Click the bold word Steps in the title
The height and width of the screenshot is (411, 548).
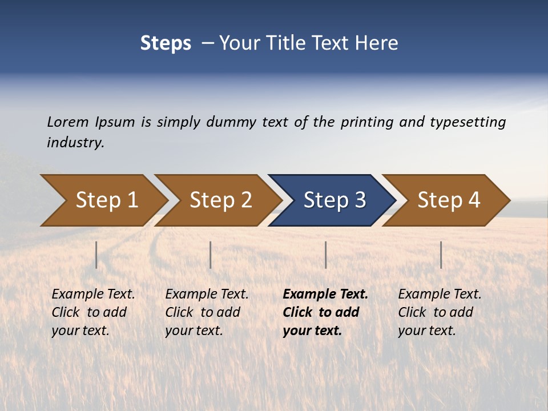tap(166, 43)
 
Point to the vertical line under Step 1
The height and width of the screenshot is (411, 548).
tap(96, 255)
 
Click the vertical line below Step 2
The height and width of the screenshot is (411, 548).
tap(211, 255)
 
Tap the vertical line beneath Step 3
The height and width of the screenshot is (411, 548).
tap(326, 255)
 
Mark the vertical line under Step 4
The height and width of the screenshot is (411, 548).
tap(441, 255)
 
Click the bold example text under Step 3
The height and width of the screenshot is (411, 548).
tap(325, 312)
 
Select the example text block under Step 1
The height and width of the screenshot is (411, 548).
tap(93, 312)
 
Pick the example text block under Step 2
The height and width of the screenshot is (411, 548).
tap(207, 312)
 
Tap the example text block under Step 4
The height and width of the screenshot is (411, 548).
tap(440, 312)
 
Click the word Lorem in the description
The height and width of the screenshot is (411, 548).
tap(67, 122)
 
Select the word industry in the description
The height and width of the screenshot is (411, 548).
tap(75, 143)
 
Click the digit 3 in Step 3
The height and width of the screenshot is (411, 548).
tap(360, 200)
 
